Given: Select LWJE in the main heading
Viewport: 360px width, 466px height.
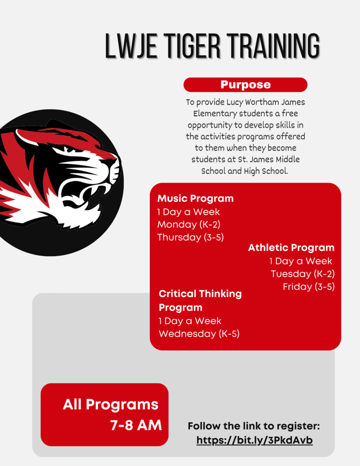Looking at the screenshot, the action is pyautogui.click(x=131, y=46).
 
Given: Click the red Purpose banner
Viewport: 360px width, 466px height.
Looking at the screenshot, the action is pyautogui.click(x=245, y=85).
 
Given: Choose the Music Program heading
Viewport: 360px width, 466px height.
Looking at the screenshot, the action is pyautogui.click(x=195, y=198).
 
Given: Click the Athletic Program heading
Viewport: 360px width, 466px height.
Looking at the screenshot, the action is pyautogui.click(x=291, y=248).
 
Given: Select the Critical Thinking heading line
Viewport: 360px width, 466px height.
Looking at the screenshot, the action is pyautogui.click(x=200, y=294).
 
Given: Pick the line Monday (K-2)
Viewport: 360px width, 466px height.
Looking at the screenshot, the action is pyautogui.click(x=189, y=224).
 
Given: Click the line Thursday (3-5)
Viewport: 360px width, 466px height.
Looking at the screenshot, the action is pyautogui.click(x=190, y=237).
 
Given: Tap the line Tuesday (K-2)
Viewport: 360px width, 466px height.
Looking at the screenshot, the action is pyautogui.click(x=303, y=274).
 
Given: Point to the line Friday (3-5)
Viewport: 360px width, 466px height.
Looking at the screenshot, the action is pyautogui.click(x=309, y=287).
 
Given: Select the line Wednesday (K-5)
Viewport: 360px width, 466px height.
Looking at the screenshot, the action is pyautogui.click(x=199, y=334).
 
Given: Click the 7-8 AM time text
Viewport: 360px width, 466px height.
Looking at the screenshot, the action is pyautogui.click(x=136, y=425).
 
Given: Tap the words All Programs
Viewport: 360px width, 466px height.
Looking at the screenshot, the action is pyautogui.click(x=111, y=405).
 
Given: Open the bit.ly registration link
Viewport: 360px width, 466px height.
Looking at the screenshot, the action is pyautogui.click(x=254, y=440).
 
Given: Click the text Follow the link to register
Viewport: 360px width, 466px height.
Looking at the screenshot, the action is pyautogui.click(x=254, y=426).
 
